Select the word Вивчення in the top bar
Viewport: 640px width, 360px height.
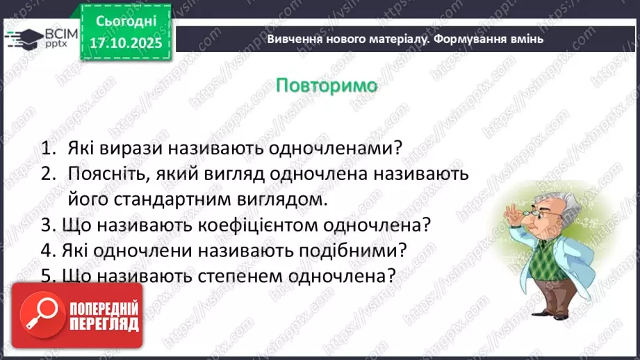pyautogui.click(x=291, y=39)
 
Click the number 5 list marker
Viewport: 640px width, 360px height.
pyautogui.click(x=47, y=275)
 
